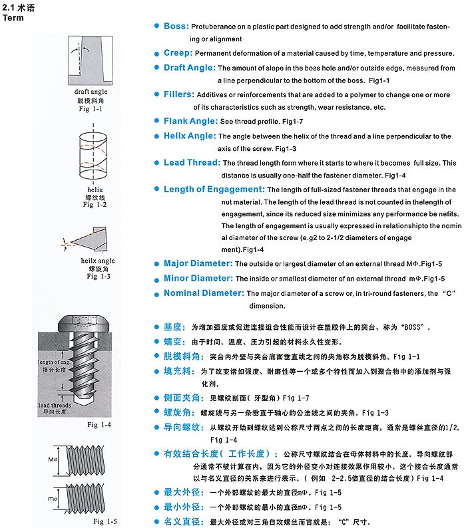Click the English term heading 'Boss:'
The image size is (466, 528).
pos(176,27)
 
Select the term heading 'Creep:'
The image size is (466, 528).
pos(178,53)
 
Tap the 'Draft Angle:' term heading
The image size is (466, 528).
pos(190,68)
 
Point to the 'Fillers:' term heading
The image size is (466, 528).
pos(179,94)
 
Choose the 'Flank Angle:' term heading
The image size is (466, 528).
pos(190,121)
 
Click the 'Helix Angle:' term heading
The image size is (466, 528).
pos(190,136)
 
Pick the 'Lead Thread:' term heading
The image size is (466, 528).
pos(192,162)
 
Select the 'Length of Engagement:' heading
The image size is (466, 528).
pos(214,189)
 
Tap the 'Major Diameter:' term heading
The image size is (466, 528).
pos(198,263)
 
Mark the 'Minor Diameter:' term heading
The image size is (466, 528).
pos(198,278)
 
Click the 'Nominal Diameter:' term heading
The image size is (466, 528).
pos(203,293)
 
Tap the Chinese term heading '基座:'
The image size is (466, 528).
pos(173,328)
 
